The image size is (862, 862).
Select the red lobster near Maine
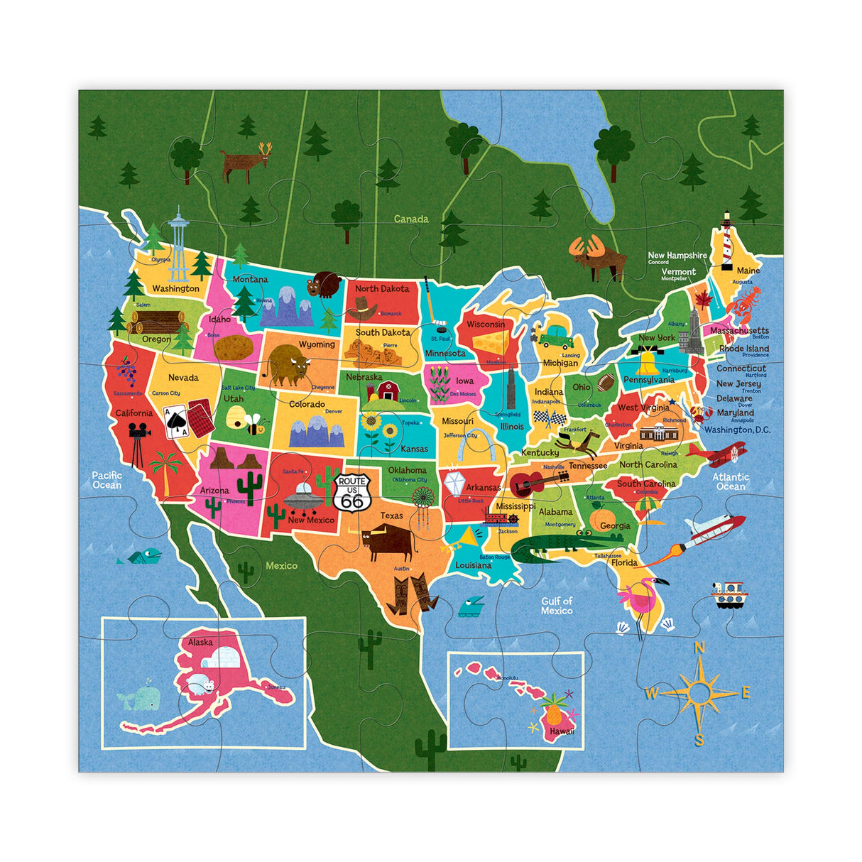(x=745, y=302)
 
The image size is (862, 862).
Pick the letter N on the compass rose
(x=699, y=647)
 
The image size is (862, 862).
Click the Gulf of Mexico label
(x=557, y=606)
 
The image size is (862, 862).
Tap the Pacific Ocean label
(x=107, y=480)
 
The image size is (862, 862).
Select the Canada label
(x=411, y=219)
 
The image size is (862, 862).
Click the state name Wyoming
(x=316, y=344)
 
